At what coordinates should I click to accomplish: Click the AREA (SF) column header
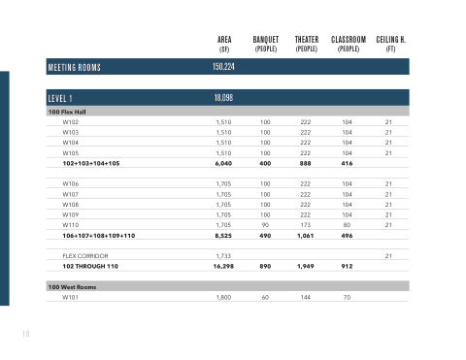point(224,45)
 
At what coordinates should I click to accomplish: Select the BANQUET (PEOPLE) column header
point(266,45)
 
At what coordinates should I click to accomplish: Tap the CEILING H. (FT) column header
point(390,45)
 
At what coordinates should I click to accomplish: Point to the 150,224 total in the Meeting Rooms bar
point(223,67)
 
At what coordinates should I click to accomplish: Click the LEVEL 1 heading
point(60,98)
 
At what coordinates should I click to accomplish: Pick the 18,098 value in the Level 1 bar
point(223,98)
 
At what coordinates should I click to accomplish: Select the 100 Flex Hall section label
point(67,112)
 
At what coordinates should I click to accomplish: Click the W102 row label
point(71,122)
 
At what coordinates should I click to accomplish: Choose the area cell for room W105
point(223,153)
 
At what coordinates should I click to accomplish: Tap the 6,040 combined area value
point(223,163)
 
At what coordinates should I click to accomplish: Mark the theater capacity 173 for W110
point(305,225)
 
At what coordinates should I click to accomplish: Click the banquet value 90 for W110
point(265,225)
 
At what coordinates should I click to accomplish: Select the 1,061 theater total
point(305,236)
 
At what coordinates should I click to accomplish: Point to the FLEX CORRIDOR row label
point(85,256)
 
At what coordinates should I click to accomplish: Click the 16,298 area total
point(223,266)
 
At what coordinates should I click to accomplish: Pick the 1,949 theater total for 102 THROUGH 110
point(305,266)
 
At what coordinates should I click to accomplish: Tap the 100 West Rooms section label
point(72,287)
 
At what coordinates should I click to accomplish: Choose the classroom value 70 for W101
point(347,297)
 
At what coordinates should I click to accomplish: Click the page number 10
point(26,334)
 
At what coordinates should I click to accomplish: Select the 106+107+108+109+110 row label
point(99,236)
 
